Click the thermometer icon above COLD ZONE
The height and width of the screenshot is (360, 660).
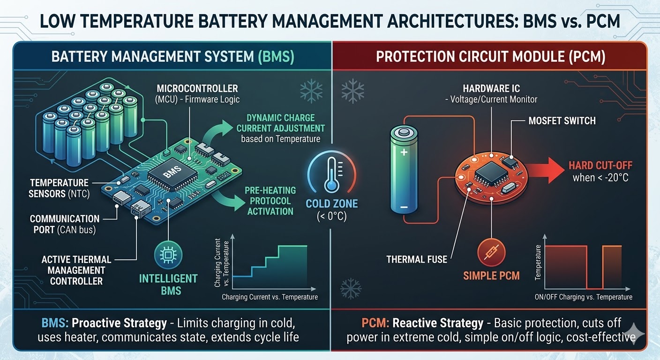tap(331, 175)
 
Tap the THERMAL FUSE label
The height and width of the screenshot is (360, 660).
tap(417, 259)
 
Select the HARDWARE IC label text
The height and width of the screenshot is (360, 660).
tap(491, 89)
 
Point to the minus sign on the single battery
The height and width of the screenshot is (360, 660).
tap(404, 207)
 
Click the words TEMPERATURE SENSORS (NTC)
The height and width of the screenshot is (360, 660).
tap(59, 188)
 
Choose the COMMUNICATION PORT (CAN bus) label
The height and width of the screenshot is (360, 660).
tap(65, 224)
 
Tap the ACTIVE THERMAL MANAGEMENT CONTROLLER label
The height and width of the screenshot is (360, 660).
tap(76, 270)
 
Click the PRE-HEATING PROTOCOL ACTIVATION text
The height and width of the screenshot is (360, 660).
tap(270, 201)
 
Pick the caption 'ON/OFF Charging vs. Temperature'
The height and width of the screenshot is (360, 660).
tap(583, 297)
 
